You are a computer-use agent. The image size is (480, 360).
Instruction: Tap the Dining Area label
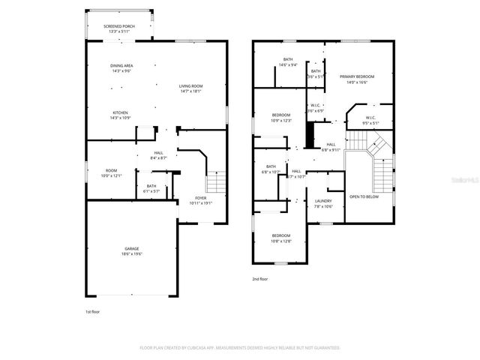pos(121,68)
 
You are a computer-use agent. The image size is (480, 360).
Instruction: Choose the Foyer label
pos(201,200)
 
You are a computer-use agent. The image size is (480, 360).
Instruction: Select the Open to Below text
pos(364,196)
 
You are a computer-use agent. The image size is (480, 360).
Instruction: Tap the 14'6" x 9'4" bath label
pos(287,62)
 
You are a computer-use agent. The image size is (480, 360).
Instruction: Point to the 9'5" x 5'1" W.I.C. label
pos(370,120)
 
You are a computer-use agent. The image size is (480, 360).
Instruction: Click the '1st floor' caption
pos(93,311)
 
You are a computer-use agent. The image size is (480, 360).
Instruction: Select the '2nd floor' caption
pos(260,278)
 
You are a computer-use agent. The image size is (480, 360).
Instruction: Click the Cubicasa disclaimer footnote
pos(240,348)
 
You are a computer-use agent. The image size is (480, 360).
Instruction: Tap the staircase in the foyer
pos(216,182)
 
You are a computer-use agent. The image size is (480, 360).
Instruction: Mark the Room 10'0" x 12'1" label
pos(110,173)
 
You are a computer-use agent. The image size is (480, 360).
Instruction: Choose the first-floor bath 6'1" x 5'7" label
pos(151,188)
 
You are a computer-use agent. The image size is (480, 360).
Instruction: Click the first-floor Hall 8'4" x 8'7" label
pos(159,155)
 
